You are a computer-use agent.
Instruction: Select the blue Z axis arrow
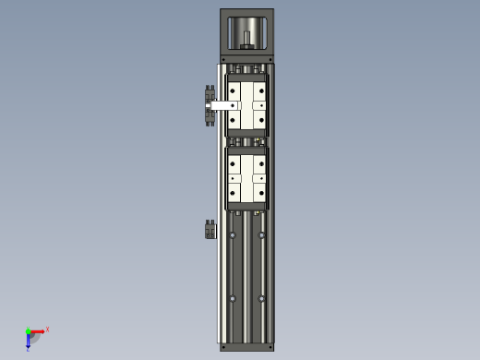click(29, 343)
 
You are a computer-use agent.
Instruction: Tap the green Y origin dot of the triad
click(28, 330)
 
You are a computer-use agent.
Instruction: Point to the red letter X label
click(47, 329)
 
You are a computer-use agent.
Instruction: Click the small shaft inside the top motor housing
click(247, 40)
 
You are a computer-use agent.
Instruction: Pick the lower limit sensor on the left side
click(210, 229)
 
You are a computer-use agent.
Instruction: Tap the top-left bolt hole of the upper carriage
click(232, 90)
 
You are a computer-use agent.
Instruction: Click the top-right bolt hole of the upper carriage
click(263, 90)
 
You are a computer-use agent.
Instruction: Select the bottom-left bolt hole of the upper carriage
click(232, 121)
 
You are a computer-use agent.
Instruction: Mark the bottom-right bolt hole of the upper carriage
click(263, 121)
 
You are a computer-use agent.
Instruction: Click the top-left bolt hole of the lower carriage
click(232, 161)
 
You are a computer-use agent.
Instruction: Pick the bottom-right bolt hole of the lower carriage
click(263, 192)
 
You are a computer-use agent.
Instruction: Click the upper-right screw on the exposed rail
click(263, 236)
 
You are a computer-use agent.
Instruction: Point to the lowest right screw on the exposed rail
click(263, 297)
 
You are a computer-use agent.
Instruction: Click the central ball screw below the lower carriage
click(247, 277)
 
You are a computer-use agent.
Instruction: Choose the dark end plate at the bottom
click(247, 347)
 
